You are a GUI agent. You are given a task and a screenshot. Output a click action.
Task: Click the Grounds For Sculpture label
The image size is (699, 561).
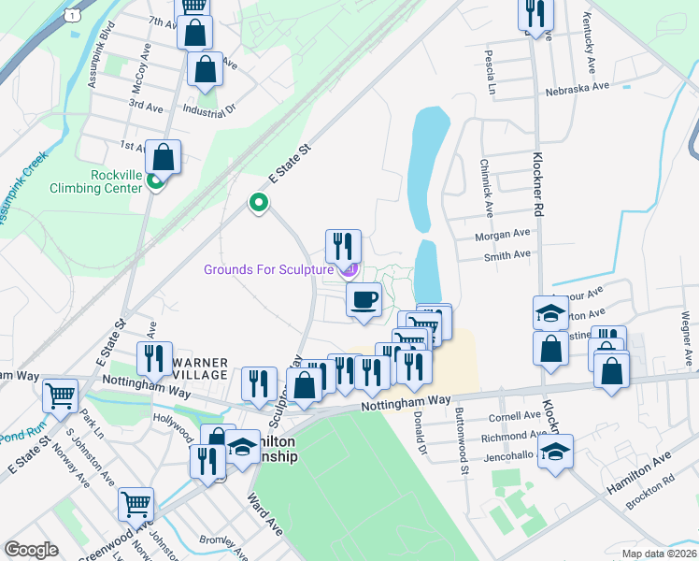click(x=269, y=270)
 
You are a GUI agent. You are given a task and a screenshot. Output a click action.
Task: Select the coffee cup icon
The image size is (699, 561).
click(x=364, y=300)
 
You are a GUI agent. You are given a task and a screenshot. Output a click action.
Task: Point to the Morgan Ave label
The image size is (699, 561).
click(x=502, y=234)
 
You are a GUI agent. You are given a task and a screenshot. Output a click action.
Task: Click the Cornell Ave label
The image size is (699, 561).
click(x=519, y=415)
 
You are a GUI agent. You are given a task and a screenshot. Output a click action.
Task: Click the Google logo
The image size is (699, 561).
click(x=31, y=550)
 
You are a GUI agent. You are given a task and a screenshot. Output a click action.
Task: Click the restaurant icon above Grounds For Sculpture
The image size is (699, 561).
click(x=343, y=246)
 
